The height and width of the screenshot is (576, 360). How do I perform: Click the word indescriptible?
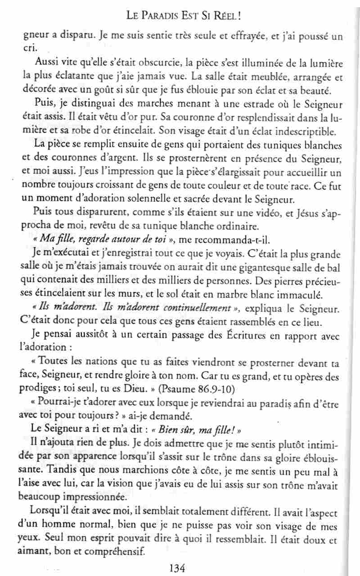coord(302,133)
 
